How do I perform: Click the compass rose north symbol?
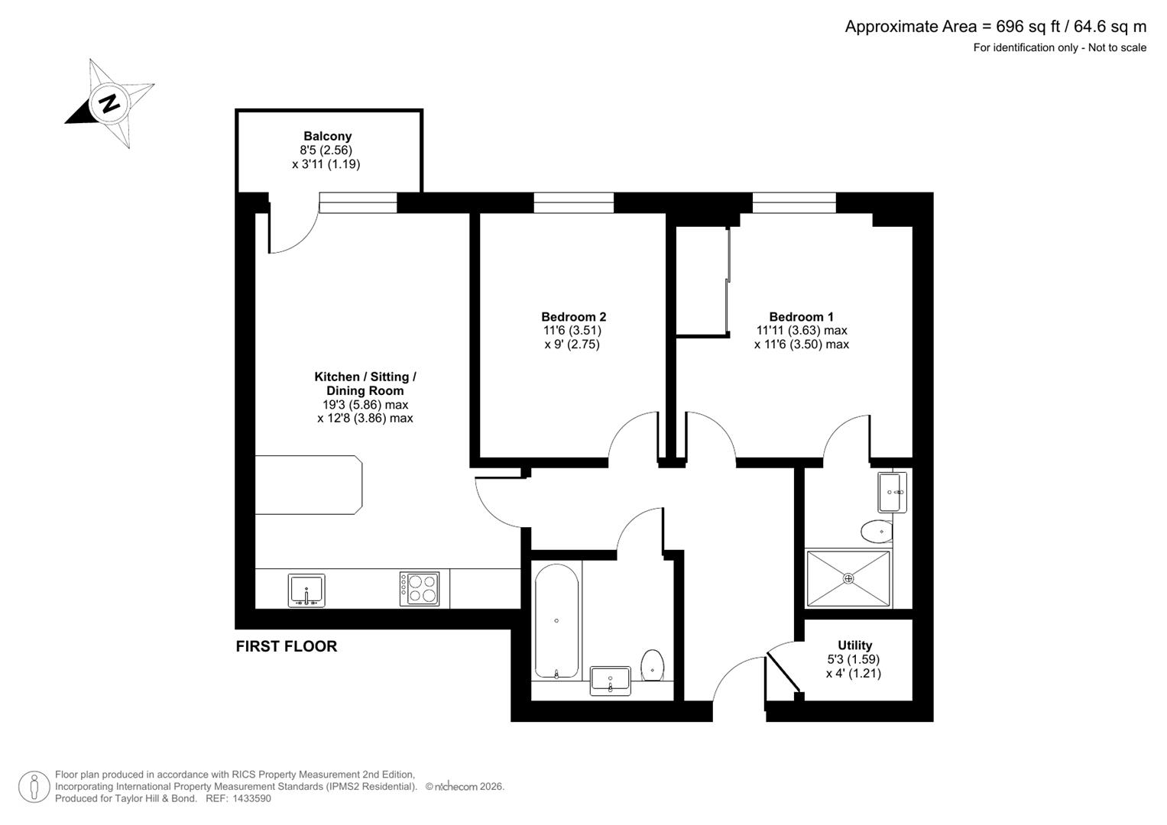pyautogui.click(x=110, y=103)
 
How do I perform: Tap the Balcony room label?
pyautogui.click(x=327, y=137)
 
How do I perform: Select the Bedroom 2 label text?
pyautogui.click(x=573, y=317)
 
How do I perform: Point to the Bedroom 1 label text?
pyautogui.click(x=801, y=317)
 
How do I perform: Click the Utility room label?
pyautogui.click(x=854, y=645)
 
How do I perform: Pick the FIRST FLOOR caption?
pyautogui.click(x=286, y=646)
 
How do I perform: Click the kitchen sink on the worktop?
pyautogui.click(x=306, y=590)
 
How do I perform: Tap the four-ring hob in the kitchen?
pyautogui.click(x=419, y=589)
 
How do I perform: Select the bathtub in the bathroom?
pyautogui.click(x=556, y=621)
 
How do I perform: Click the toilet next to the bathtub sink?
pyautogui.click(x=652, y=665)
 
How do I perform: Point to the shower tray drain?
pyautogui.click(x=848, y=578)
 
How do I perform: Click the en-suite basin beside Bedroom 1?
pyautogui.click(x=892, y=492)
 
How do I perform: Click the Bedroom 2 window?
pyautogui.click(x=573, y=202)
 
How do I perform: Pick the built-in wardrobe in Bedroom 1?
pyautogui.click(x=701, y=281)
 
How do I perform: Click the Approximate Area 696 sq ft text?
pyautogui.click(x=995, y=27)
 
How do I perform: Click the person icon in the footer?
pyautogui.click(x=34, y=787)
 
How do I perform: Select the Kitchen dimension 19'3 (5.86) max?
pyautogui.click(x=365, y=405)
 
